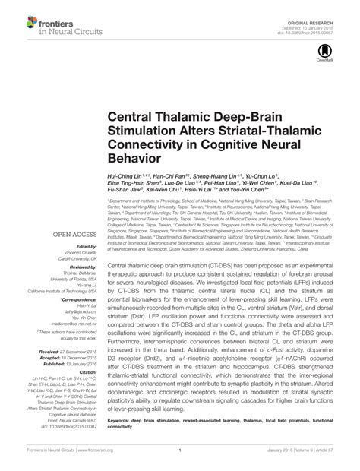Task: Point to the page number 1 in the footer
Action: pos(180,459)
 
